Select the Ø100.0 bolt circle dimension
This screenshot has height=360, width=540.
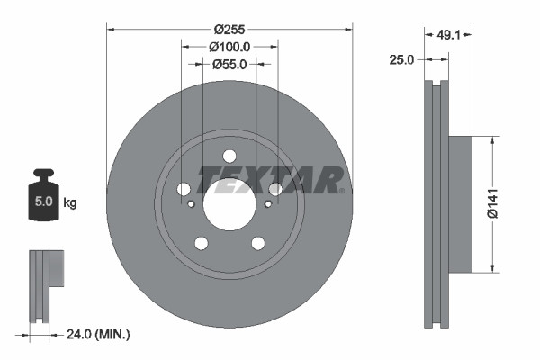pos(229,46)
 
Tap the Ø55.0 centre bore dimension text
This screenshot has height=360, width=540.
pos(230,64)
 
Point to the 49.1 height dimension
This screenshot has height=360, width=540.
pos(448,38)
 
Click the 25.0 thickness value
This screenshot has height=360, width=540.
pos(401,60)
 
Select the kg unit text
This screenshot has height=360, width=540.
pos(70,203)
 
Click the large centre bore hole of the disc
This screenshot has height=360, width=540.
pos(229,204)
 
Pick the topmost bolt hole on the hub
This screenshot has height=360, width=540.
pos(229,155)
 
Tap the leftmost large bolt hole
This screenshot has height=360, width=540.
pos(184,189)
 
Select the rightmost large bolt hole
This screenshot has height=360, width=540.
pos(275,189)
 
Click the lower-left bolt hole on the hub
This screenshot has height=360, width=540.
pos(202,243)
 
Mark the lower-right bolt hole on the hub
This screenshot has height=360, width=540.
pos(258,243)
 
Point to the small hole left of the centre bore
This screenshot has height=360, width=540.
pos(192,204)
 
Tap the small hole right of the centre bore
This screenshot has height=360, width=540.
pos(268,204)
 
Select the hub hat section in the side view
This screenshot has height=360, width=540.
pos(459,203)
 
